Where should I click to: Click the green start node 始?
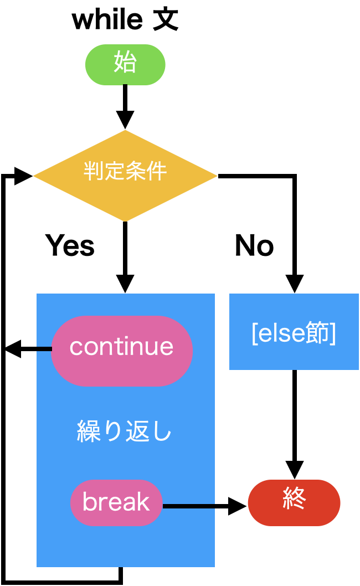pos(125,64)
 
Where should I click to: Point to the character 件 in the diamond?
pos(157,171)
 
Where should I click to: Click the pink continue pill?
pos(122,350)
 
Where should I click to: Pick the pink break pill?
pos(116,502)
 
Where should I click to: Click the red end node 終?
pos(294,502)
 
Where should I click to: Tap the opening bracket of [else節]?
pos(254,334)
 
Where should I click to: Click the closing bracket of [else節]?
pos(333,334)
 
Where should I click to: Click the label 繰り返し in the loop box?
pos(125,431)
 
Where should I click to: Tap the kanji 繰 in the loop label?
pos(88,431)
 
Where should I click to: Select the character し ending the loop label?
pos(162,431)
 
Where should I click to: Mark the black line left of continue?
pos(44,348)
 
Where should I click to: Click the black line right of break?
pos(188,506)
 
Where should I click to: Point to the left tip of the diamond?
pos(34,176)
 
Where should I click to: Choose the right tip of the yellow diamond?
pos(216,176)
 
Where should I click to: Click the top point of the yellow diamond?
pos(125,131)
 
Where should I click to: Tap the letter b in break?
pos(88,502)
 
